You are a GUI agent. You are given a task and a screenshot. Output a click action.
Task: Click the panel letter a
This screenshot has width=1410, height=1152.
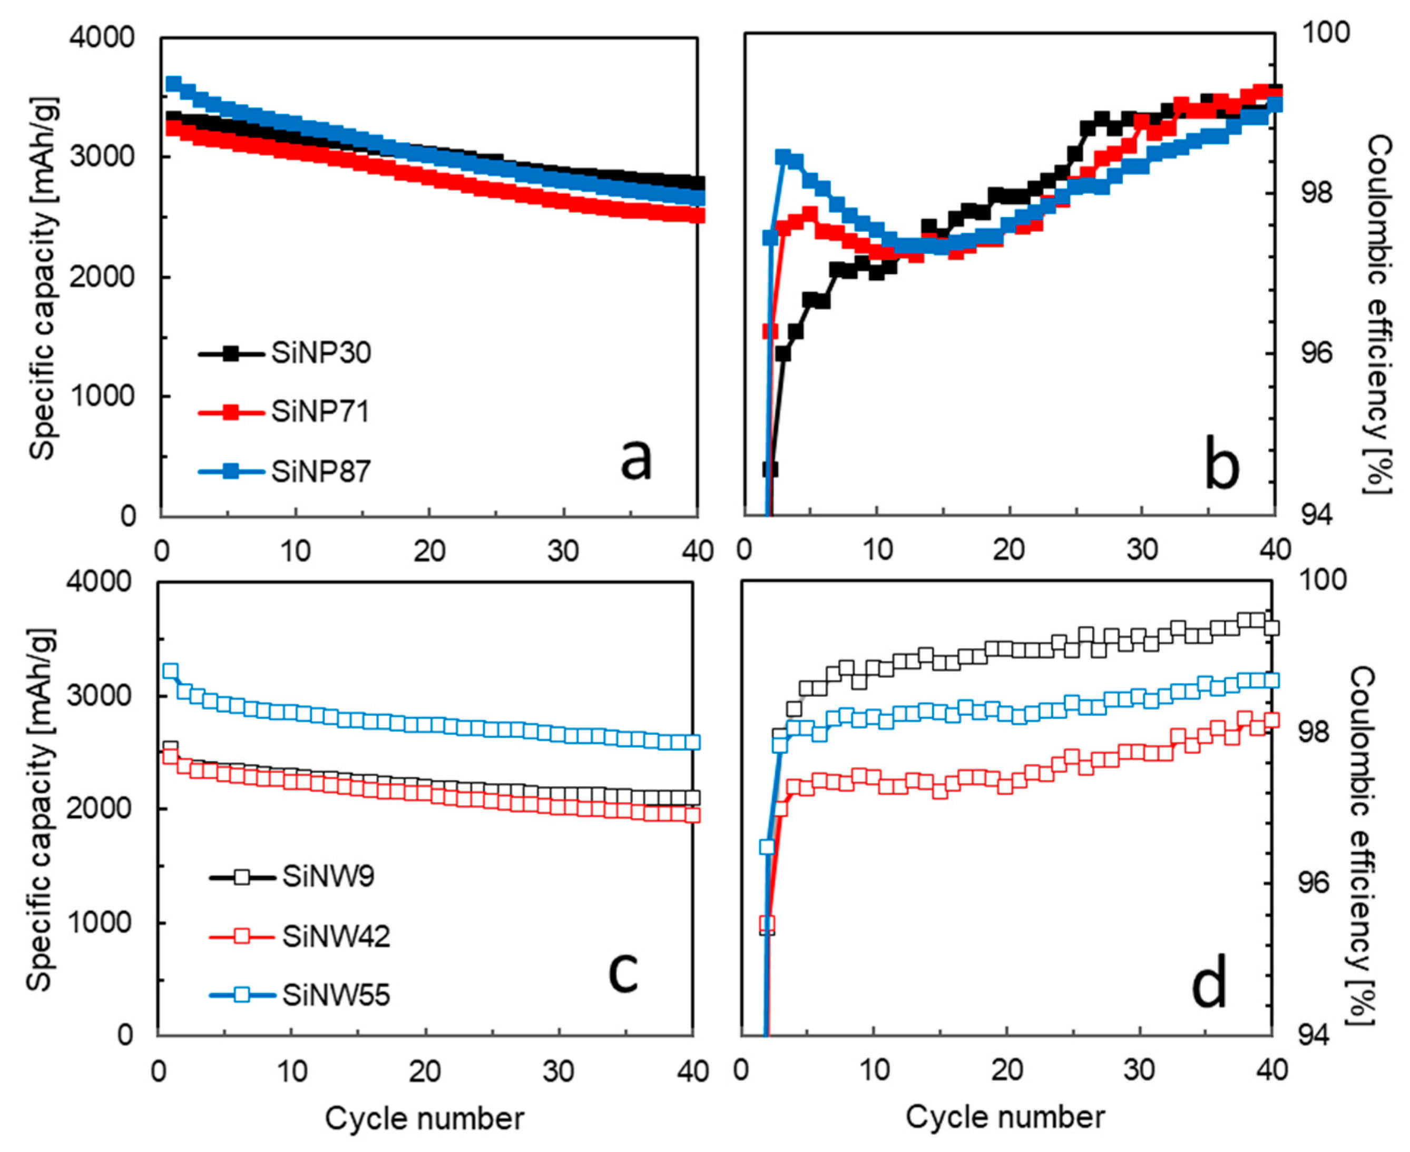pos(635,459)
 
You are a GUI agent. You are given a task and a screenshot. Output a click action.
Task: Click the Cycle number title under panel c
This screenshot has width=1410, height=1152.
pos(425,1118)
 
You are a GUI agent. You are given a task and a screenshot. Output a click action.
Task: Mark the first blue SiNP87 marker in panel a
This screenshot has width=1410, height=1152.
pos(173,84)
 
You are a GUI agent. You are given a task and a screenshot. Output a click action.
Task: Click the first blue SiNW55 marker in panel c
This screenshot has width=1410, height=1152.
pos(171,671)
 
